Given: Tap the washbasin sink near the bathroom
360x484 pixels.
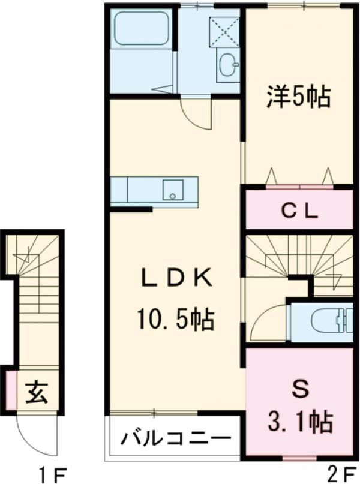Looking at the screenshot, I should click(227, 65).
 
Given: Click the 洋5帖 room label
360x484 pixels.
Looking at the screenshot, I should click(298, 96).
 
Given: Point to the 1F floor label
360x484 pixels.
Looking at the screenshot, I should click(50, 474).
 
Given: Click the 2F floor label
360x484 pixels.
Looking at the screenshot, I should click(342, 474).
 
